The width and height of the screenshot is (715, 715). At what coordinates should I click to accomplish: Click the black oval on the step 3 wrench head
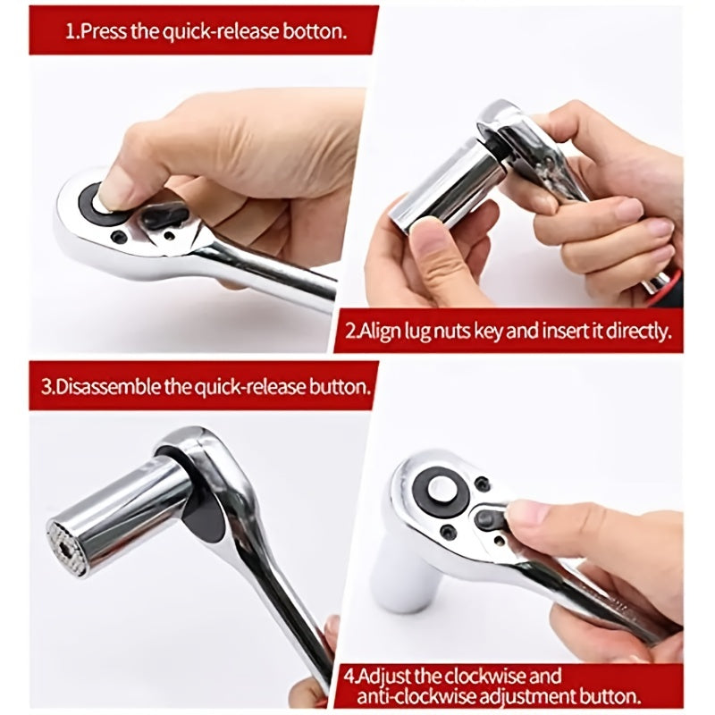click(x=200, y=505)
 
